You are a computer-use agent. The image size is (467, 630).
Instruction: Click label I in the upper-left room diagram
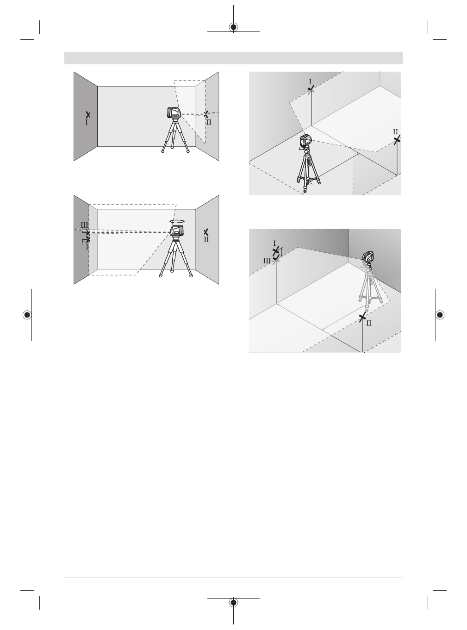(86, 123)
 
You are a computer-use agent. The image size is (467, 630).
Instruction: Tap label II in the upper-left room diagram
(209, 123)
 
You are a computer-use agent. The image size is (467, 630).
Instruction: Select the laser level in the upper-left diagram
(174, 112)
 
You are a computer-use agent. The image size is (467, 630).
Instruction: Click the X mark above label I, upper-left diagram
(87, 114)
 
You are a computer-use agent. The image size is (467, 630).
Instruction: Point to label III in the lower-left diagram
(84, 225)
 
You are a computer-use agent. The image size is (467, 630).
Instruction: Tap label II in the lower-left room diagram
(206, 240)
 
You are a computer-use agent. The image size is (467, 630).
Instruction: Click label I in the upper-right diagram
(310, 81)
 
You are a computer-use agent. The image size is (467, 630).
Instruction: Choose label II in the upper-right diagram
(396, 132)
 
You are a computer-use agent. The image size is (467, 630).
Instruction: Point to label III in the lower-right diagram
(267, 261)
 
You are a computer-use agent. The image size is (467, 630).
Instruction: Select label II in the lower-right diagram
(369, 324)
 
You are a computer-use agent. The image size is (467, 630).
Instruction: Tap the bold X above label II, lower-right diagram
(362, 317)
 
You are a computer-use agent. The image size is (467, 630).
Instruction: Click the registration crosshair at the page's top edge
(234, 27)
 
